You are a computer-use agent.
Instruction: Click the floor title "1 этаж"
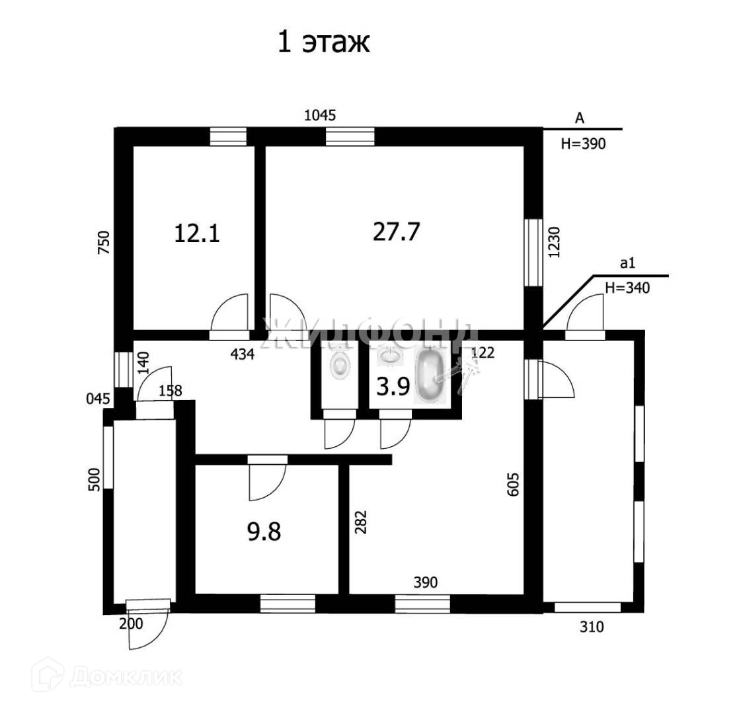click(323, 42)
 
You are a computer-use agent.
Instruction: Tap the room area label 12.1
click(196, 233)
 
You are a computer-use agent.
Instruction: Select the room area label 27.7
click(397, 231)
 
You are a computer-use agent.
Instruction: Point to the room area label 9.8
click(264, 532)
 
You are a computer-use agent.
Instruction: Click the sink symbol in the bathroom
click(390, 356)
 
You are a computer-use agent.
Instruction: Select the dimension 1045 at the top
click(320, 116)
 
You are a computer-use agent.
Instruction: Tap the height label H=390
click(583, 145)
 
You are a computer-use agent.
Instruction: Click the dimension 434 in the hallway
click(242, 354)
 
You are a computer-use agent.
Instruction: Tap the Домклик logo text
click(126, 677)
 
